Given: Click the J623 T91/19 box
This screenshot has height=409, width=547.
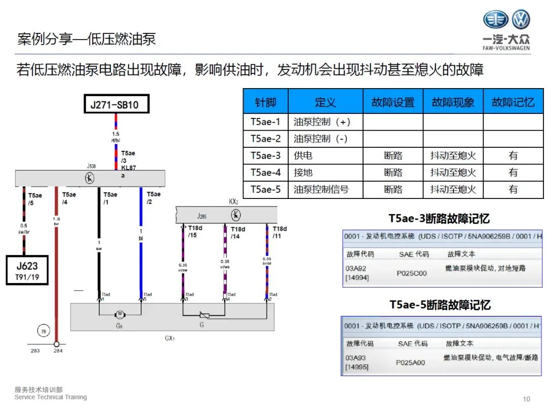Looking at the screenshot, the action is (27, 269).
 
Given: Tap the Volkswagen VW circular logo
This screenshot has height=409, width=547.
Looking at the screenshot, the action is (520, 20).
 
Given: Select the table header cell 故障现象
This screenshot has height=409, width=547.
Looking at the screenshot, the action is (453, 102).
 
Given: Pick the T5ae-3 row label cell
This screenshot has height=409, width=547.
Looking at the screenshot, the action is (265, 156).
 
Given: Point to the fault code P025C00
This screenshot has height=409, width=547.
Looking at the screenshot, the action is (411, 273).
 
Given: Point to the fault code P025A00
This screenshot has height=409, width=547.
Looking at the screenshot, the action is (411, 362).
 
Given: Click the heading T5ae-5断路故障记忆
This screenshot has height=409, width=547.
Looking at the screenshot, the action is (440, 305).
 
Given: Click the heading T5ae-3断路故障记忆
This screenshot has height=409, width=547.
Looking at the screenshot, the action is (439, 219).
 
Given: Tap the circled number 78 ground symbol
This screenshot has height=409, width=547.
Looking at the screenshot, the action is (43, 332).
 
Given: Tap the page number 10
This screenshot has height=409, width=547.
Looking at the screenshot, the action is (526, 398).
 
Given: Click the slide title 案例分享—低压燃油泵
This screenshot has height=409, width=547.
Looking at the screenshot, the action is (86, 39).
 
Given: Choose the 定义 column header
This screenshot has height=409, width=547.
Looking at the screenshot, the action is (325, 102).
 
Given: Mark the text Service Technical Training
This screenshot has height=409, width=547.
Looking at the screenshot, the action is (51, 397).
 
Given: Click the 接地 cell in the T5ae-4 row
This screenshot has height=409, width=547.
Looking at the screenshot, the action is (303, 173).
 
